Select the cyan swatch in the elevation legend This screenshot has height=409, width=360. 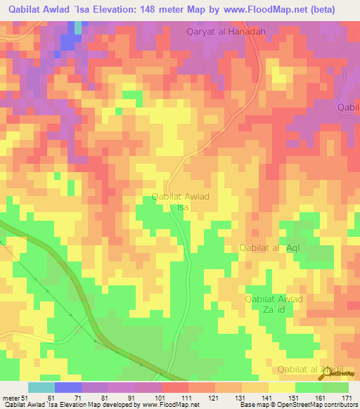[41, 387]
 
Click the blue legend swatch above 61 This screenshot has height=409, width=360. [67, 387]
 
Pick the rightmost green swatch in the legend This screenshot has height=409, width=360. [335, 387]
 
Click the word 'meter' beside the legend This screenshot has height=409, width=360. [11, 398]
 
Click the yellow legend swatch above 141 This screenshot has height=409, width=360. [255, 387]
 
